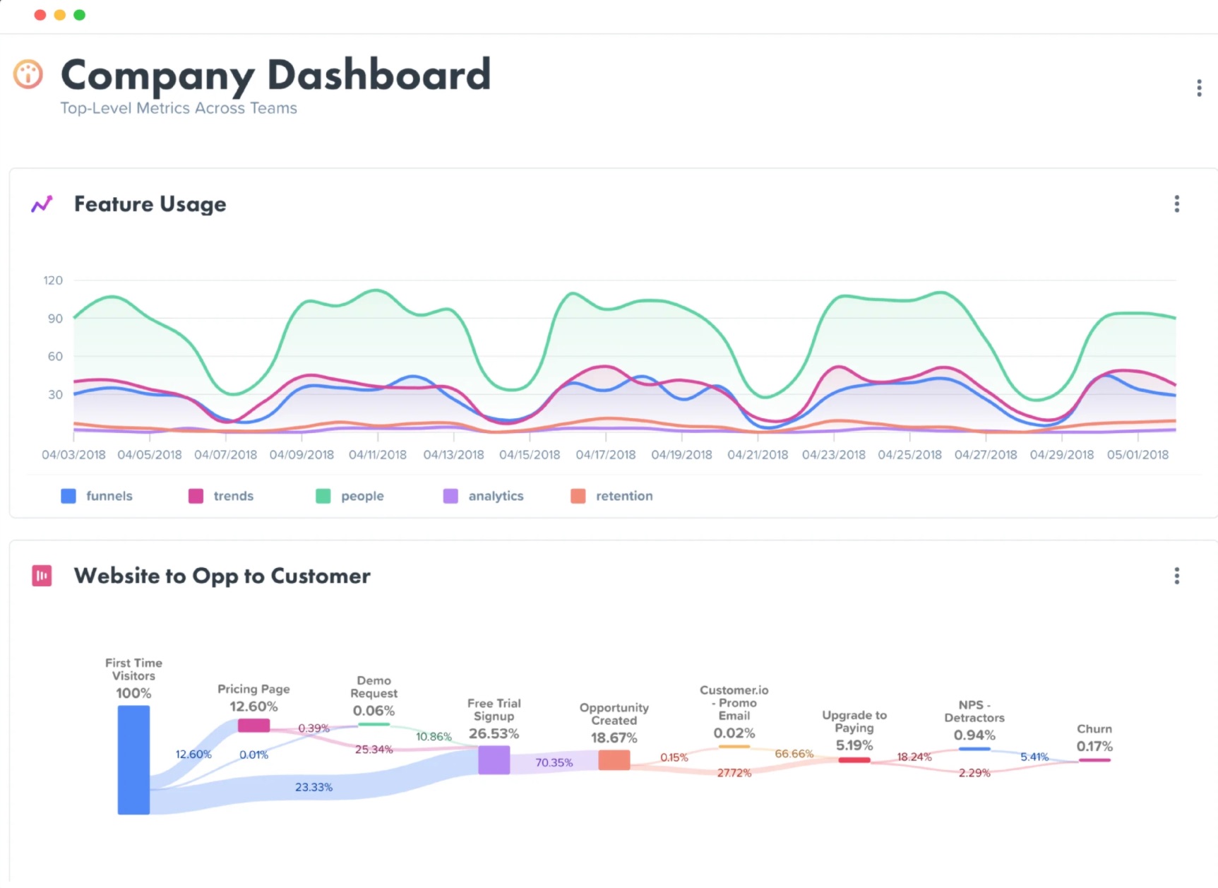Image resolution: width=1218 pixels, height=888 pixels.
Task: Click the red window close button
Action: (x=40, y=15)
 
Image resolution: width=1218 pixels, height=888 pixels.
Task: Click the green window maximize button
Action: (x=80, y=15)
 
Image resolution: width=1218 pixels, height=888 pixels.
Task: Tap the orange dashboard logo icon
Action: (x=28, y=74)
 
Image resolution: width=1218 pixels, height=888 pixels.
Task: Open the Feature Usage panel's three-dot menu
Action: (x=1176, y=204)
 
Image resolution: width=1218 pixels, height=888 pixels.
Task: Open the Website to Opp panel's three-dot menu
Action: (x=1176, y=576)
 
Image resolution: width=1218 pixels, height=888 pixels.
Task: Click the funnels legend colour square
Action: (x=68, y=496)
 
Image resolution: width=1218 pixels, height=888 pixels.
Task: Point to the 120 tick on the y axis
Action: (x=53, y=280)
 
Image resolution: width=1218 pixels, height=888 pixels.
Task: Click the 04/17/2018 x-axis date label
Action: (x=606, y=455)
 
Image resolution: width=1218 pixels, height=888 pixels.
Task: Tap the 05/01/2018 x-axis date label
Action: (x=1138, y=455)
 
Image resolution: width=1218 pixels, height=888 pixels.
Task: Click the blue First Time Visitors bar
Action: (x=133, y=759)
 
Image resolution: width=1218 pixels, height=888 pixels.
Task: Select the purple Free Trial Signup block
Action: (x=494, y=760)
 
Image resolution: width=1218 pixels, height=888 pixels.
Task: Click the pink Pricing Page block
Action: (x=253, y=726)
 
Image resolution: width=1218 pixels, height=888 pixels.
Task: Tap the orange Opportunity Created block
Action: (x=614, y=760)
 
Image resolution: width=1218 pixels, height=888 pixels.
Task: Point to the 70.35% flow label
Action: (x=554, y=763)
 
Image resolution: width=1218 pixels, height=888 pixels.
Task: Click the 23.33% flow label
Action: (x=314, y=787)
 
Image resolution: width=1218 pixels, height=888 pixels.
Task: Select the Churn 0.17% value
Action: (x=1094, y=747)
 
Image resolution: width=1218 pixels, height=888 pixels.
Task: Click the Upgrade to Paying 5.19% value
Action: (x=854, y=746)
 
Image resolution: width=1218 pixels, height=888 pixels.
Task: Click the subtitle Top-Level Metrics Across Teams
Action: (x=179, y=109)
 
